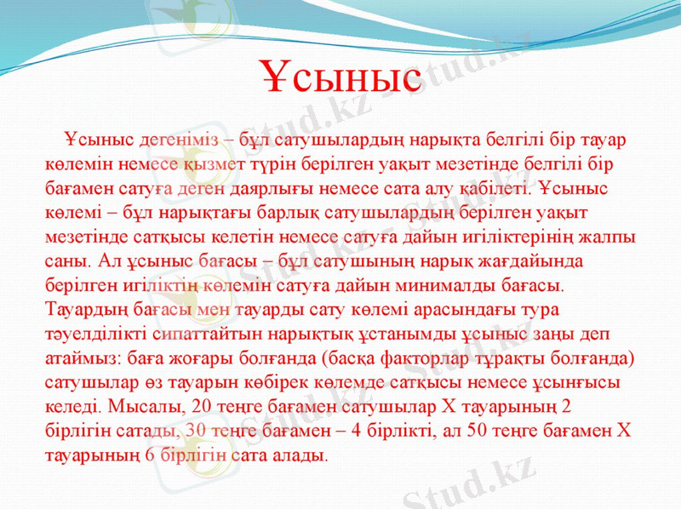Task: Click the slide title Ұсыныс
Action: tap(340, 77)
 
